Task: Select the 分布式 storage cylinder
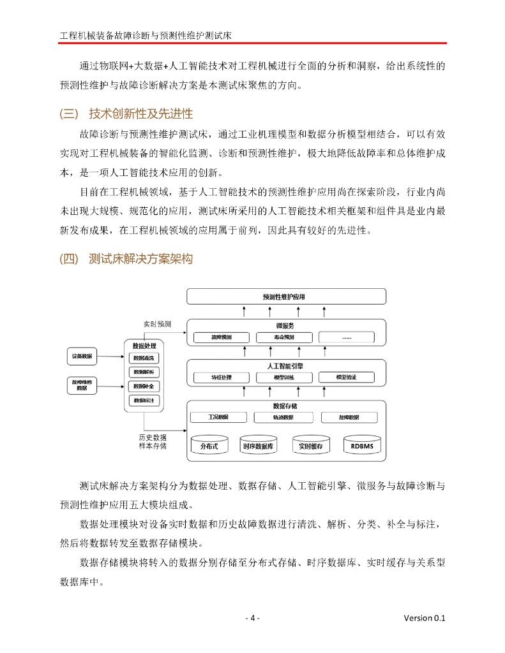(209, 446)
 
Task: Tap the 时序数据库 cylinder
(259, 446)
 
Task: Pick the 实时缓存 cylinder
(311, 446)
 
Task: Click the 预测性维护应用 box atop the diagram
(285, 297)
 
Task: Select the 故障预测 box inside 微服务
(222, 337)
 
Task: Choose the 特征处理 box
(222, 378)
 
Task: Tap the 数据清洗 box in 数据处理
(144, 358)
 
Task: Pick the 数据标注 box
(144, 400)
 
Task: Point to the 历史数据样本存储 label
(153, 442)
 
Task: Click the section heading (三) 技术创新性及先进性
(126, 114)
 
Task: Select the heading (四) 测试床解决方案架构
(126, 259)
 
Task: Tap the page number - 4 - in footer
(252, 618)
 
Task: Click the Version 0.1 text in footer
(424, 618)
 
